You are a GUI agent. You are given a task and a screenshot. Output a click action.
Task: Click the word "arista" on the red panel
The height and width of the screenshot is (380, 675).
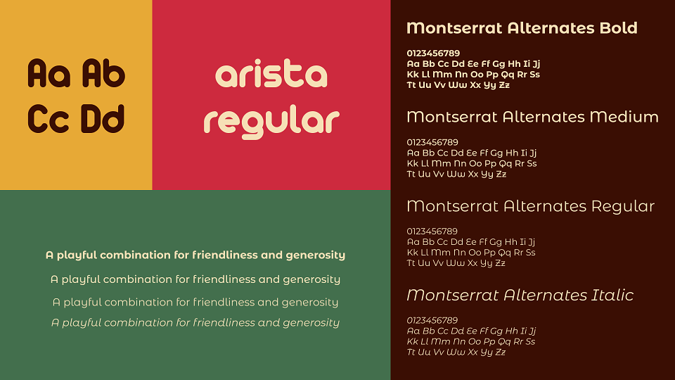[x=271, y=75]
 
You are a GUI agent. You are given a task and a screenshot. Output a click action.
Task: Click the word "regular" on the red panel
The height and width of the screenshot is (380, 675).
[x=271, y=122]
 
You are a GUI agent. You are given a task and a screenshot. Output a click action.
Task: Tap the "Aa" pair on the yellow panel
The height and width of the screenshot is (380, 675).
[x=49, y=73]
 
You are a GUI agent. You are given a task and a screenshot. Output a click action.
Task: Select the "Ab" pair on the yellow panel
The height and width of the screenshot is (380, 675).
[x=103, y=73]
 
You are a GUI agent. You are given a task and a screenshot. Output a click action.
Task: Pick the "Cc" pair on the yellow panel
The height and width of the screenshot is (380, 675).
[x=49, y=118]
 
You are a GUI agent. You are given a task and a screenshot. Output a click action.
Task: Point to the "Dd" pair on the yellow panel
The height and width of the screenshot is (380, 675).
[x=103, y=118]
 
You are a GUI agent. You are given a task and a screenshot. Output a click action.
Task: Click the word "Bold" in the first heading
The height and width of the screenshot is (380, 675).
[x=618, y=28]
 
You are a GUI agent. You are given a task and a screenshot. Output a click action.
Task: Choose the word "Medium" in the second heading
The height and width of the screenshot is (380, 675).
[x=624, y=117]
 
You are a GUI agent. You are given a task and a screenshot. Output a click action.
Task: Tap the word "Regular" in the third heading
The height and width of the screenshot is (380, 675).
[x=622, y=207]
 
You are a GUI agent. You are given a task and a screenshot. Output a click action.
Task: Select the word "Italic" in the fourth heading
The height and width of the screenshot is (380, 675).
[x=612, y=295]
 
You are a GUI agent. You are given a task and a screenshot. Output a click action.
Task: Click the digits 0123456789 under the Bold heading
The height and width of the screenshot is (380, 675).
[x=433, y=53]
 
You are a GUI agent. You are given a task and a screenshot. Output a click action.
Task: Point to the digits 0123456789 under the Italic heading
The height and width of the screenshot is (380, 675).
[x=432, y=321]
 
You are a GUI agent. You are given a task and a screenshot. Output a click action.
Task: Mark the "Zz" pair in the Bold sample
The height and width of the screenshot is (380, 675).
[x=504, y=85]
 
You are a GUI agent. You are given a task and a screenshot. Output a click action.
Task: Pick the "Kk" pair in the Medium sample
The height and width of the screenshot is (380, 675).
[x=413, y=164]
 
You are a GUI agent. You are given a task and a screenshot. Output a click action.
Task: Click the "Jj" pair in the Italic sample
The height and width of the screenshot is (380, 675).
[x=532, y=331]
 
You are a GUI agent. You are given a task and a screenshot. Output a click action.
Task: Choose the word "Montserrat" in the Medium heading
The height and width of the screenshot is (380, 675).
[x=452, y=117]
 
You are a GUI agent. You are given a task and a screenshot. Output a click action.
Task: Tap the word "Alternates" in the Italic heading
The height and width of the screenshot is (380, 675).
[x=546, y=295]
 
